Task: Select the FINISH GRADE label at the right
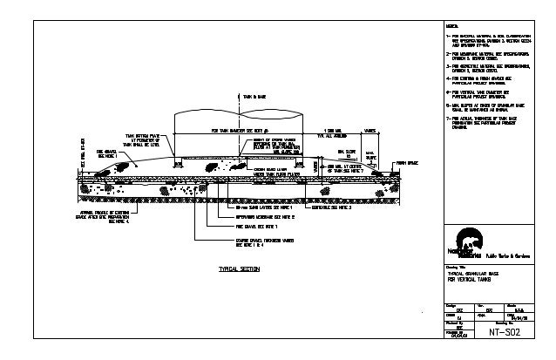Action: click(x=408, y=162)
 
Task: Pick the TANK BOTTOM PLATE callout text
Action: click(x=143, y=140)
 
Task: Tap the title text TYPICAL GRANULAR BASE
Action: click(x=475, y=274)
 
